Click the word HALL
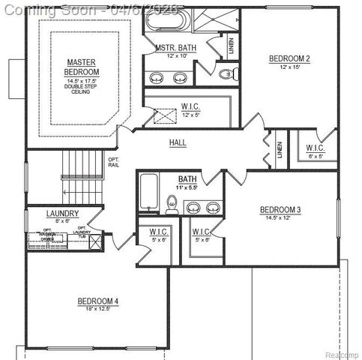178,142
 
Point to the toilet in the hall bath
172,203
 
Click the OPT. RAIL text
114,163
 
